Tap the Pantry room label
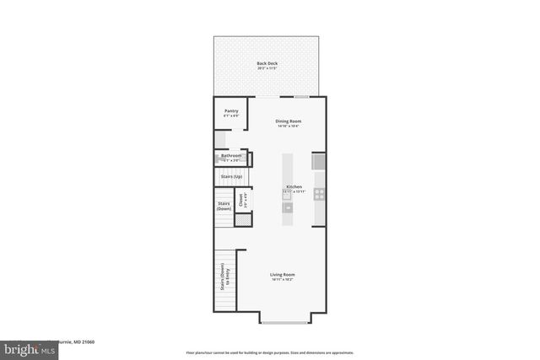click(230, 111)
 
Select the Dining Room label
click(289, 121)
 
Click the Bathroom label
click(231, 156)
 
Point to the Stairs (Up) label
click(231, 176)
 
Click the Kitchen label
click(294, 186)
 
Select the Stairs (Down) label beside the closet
click(224, 206)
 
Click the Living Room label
click(282, 274)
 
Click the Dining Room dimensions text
click(289, 126)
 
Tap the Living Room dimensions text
click(282, 280)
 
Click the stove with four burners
click(320, 193)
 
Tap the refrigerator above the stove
click(319, 161)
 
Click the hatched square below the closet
click(243, 220)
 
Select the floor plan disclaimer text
click(269, 352)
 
